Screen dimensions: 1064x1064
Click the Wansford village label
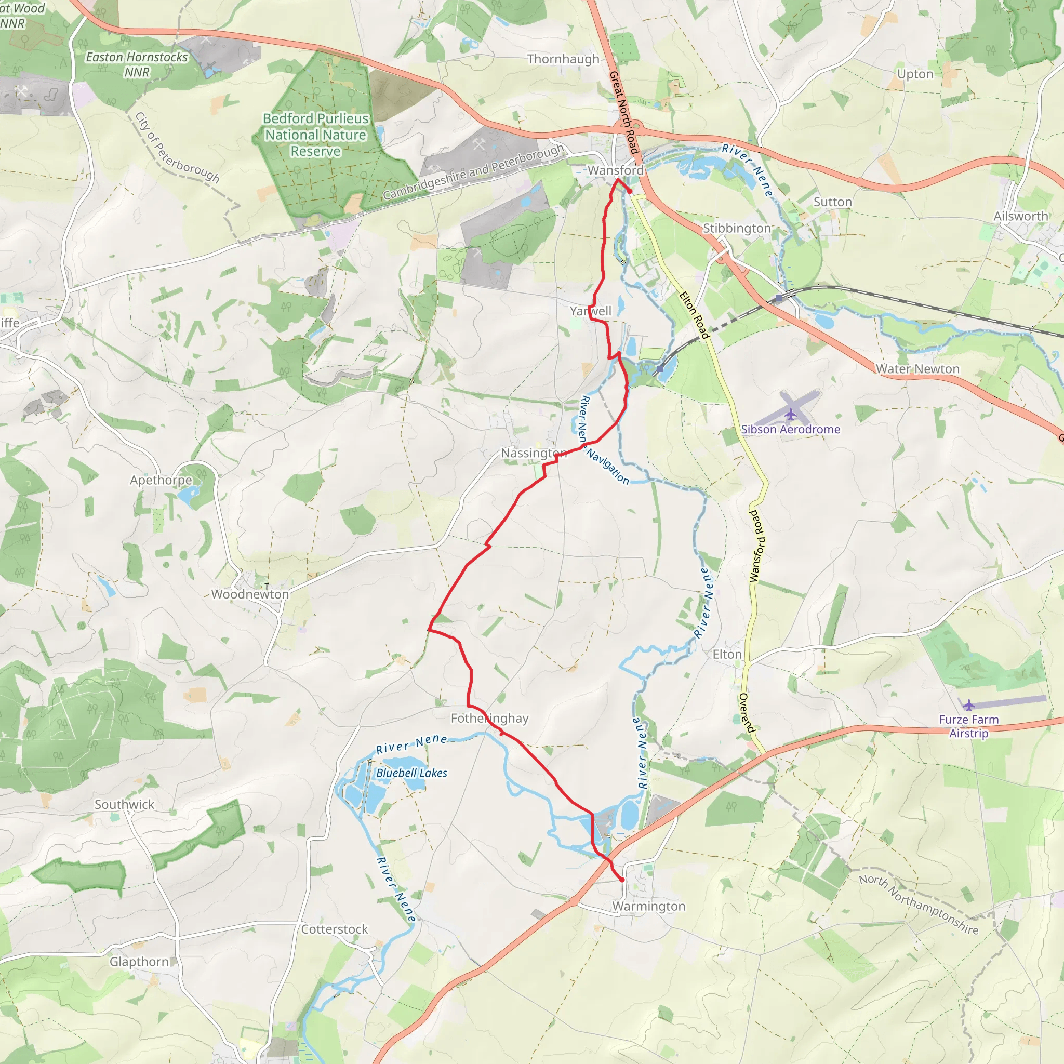615,170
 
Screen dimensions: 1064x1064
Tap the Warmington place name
648,906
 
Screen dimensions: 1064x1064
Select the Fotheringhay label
489,718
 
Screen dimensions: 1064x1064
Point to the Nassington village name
533,453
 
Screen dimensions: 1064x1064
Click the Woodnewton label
250,594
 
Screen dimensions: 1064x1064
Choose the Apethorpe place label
161,480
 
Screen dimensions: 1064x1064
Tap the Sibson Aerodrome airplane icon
791,414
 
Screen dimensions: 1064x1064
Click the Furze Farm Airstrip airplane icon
968,705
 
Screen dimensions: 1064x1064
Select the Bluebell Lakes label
411,773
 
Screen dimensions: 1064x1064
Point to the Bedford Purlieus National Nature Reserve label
315,135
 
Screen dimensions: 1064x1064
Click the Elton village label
727,654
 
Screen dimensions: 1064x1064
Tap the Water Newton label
917,369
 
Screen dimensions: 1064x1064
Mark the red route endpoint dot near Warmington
622,880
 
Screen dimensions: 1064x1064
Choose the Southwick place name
125,805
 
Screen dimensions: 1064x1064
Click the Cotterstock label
334,929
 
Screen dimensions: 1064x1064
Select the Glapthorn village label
139,962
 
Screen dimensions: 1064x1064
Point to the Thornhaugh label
563,59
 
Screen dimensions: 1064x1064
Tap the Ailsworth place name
1020,217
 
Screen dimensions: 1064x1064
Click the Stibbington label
737,229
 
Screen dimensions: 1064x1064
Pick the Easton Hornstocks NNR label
137,64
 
